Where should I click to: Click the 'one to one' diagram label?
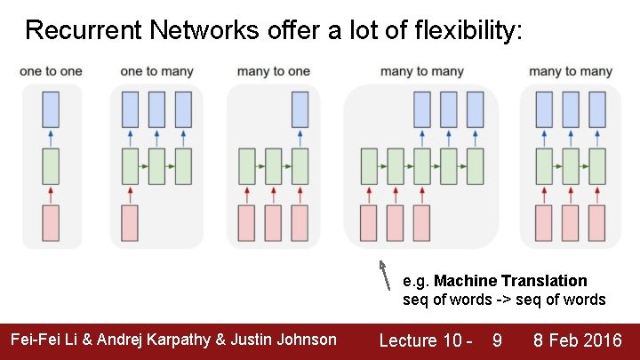51,71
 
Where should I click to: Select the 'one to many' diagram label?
156,71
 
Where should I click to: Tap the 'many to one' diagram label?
274,71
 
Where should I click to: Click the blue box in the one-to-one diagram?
51,109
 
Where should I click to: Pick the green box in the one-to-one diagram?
51,166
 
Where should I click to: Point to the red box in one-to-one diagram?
51,223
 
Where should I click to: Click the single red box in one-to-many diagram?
130,223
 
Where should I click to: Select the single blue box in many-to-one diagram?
300,109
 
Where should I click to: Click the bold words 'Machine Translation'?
510,281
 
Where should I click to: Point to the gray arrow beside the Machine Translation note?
385,276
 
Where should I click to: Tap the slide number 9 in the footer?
496,340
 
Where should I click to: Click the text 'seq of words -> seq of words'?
504,300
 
